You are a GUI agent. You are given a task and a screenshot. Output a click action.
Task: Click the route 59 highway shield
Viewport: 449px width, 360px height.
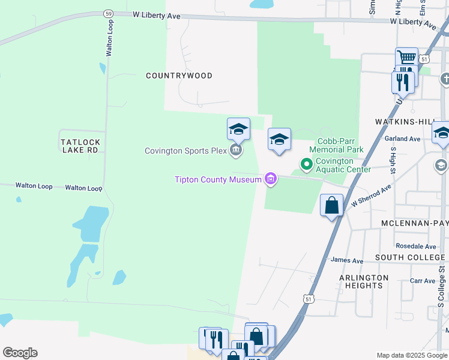click(108, 13)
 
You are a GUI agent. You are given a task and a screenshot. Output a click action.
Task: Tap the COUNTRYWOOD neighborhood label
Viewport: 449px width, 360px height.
click(179, 76)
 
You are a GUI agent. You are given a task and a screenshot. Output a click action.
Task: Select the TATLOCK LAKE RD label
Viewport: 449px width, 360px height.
click(80, 146)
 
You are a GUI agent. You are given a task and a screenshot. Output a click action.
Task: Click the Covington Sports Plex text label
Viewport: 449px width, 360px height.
click(184, 151)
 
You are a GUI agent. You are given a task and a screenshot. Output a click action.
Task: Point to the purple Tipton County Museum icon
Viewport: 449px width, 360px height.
click(271, 179)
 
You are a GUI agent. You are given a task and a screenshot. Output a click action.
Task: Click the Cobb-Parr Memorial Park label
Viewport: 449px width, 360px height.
click(336, 145)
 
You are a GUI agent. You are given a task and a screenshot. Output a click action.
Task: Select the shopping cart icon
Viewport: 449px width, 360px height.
click(406, 58)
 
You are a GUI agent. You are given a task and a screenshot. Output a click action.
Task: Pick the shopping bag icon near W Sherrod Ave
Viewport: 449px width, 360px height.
click(331, 206)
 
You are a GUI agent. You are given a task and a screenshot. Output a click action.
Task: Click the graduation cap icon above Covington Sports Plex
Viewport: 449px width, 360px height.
click(238, 128)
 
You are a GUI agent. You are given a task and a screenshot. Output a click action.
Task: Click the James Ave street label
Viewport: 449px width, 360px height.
click(347, 261)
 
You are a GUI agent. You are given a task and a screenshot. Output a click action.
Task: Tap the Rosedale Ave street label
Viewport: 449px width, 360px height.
click(416, 247)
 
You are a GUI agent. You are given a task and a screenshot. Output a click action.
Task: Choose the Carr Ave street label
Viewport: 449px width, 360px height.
click(422, 281)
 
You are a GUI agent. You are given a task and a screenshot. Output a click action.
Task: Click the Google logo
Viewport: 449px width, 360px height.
click(20, 353)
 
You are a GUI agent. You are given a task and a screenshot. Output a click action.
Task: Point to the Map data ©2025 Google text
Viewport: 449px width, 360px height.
click(412, 355)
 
